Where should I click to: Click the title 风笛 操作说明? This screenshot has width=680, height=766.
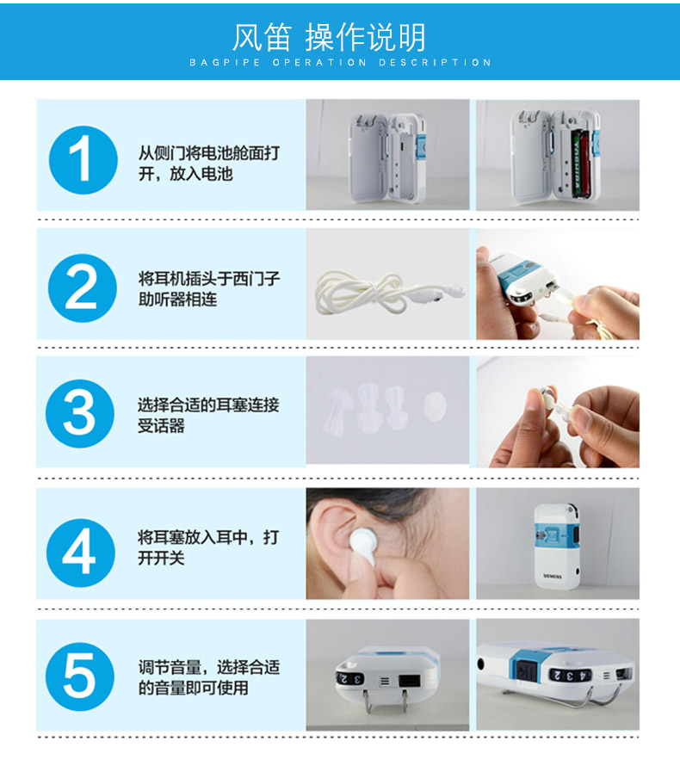(329, 38)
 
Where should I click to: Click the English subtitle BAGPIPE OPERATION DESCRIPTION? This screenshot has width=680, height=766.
(340, 63)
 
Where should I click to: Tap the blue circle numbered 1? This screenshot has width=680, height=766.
(82, 160)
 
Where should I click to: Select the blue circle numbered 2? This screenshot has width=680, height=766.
(82, 288)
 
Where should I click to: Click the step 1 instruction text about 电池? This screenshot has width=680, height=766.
(208, 164)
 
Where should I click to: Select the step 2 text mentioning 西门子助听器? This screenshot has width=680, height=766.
(208, 290)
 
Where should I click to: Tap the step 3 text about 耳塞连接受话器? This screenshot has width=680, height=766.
(208, 415)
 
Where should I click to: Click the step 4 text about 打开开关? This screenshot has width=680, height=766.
(208, 547)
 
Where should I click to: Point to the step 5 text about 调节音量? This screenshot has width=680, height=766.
(208, 677)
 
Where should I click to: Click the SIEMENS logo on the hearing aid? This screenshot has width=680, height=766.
(552, 575)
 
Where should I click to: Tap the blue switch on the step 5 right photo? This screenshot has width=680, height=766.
(522, 670)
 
